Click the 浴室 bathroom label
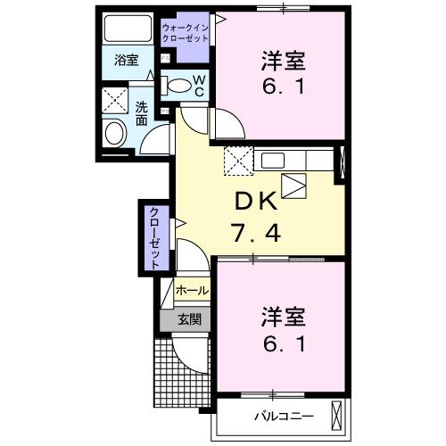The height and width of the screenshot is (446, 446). click(127, 61)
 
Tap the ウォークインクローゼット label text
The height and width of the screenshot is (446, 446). click(184, 33)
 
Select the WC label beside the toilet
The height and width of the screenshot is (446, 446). click(200, 86)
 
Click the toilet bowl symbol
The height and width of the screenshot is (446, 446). click(180, 87)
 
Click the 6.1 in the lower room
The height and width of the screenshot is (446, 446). click(284, 343)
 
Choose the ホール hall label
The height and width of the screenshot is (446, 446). click(192, 291)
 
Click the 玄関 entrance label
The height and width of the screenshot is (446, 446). click(188, 319)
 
